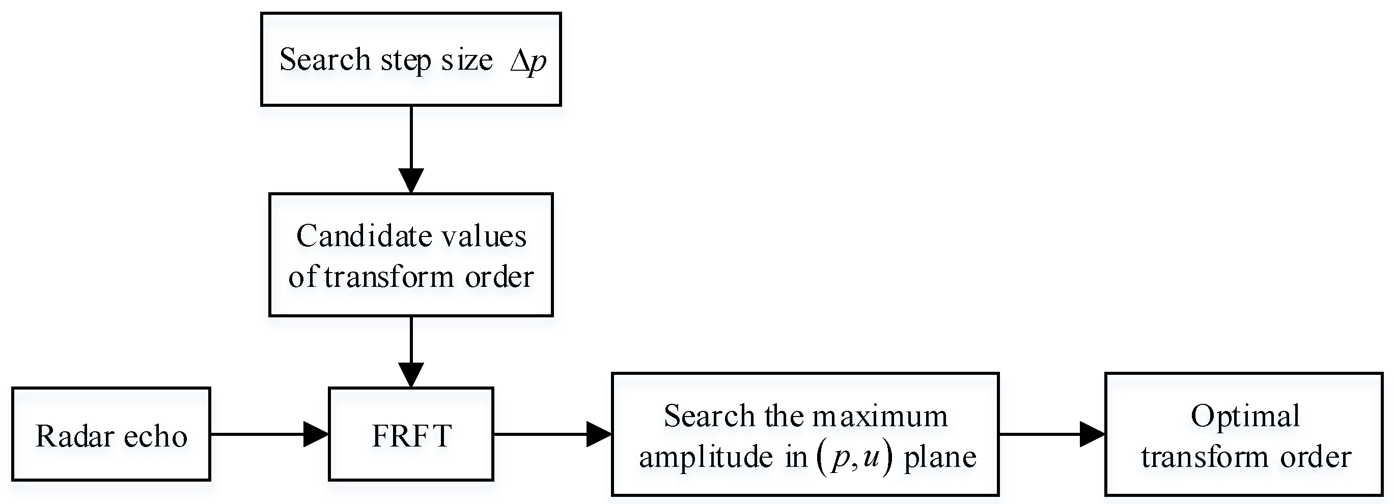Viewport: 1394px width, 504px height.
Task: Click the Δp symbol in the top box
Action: [x=527, y=61]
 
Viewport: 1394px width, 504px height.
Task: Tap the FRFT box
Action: [x=411, y=435]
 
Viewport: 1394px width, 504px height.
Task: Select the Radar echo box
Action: [x=111, y=435]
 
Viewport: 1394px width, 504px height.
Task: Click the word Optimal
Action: [x=1245, y=417]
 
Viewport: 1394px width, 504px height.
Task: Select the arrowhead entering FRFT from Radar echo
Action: [x=317, y=434]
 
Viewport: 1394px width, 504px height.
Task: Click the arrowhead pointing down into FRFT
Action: [x=411, y=374]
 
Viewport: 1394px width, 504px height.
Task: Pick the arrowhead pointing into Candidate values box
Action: [x=411, y=181]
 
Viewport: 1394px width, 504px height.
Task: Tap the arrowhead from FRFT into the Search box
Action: [x=599, y=434]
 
